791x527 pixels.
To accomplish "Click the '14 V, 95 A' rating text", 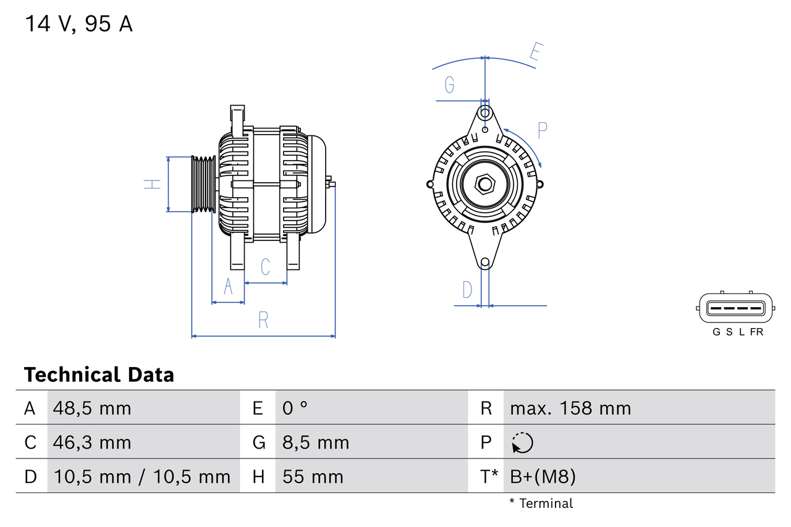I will click(78, 24).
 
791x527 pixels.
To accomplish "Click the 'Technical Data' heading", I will click(99, 374).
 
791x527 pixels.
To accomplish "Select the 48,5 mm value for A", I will click(92, 408).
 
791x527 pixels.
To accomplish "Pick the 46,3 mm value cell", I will click(92, 442).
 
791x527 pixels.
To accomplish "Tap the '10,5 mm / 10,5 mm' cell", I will click(142, 476).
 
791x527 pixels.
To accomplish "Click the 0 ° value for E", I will click(295, 408).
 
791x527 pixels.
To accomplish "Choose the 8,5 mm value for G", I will click(316, 442).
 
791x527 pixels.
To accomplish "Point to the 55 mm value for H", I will click(313, 476).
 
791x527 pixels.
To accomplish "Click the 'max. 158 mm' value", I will click(570, 408).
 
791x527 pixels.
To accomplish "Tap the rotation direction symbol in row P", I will click(522, 442).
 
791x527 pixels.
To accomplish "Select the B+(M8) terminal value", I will click(543, 476).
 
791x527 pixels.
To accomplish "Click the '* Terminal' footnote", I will click(541, 503).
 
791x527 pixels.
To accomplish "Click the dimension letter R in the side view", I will click(263, 320).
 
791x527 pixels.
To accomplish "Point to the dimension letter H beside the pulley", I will click(152, 183).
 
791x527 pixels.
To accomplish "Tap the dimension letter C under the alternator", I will click(265, 267).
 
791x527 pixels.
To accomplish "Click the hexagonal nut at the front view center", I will click(485, 184).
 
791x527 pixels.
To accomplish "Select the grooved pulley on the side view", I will click(203, 184).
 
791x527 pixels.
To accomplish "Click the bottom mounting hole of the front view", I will click(485, 263).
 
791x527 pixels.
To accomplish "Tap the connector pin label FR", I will click(756, 332).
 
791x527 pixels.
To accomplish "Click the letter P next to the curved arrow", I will click(542, 130).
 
